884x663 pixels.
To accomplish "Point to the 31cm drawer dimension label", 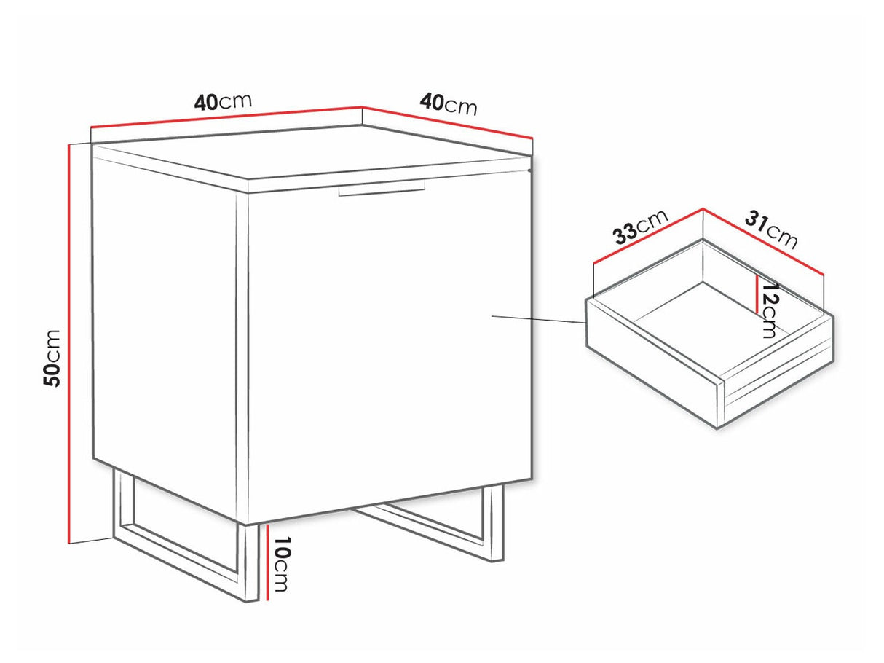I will coord(770,229).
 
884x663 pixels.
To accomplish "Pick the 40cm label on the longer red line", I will coord(223,101).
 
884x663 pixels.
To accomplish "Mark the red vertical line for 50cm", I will coord(69,342).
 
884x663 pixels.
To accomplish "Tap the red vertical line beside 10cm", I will coord(269,561).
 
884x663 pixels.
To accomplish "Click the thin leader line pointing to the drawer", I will coord(539,319).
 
